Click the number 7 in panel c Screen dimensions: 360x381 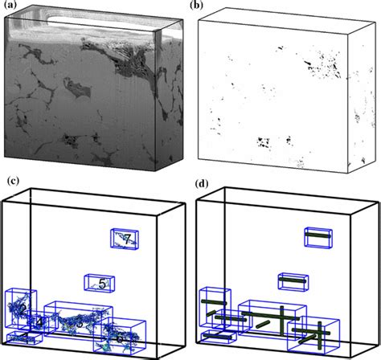coord(126,239)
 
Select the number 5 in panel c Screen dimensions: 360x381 coord(103,283)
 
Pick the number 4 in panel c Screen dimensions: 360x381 coord(39,321)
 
